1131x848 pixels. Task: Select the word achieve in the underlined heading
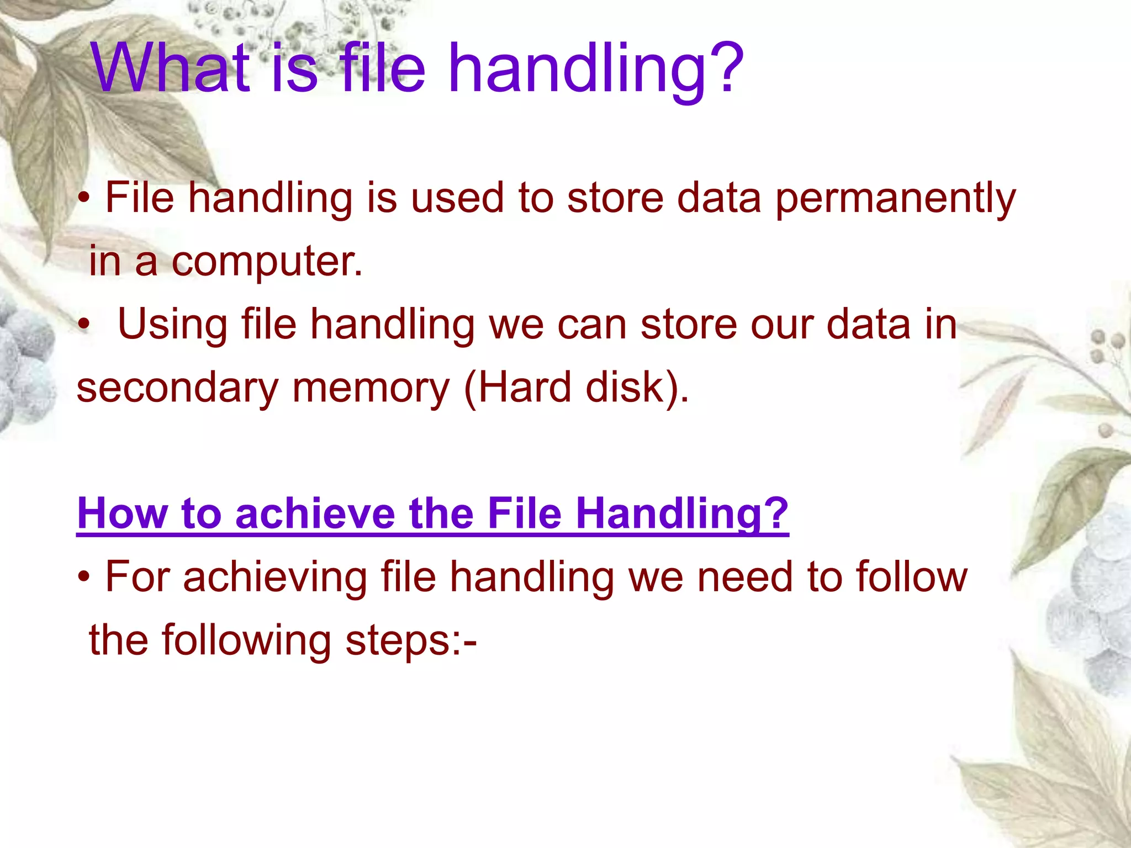(x=315, y=513)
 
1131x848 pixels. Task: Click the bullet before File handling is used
(x=83, y=198)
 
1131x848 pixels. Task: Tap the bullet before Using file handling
(x=83, y=324)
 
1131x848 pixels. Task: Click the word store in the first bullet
(x=615, y=199)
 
